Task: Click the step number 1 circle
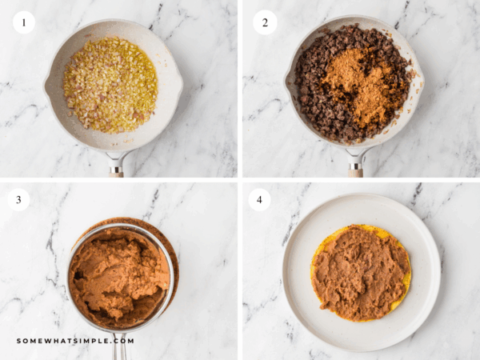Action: [x=24, y=22]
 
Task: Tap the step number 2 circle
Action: [x=265, y=22]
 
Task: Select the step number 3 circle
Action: [x=18, y=199]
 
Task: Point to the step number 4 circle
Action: [x=259, y=199]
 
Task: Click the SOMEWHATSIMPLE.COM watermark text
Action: [x=75, y=341]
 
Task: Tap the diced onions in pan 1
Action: [x=110, y=84]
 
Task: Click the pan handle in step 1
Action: [x=117, y=166]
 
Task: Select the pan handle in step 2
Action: [x=355, y=166]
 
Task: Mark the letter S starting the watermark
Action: [x=19, y=341]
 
